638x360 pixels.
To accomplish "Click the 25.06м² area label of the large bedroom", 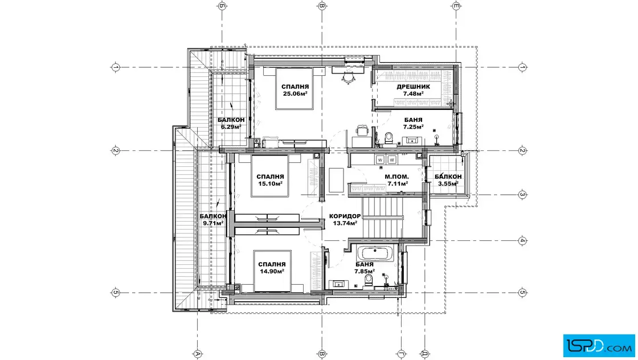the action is pos(295,93).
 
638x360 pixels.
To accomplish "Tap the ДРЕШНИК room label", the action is pos(413,87).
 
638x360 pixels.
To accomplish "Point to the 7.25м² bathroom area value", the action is pos(414,127).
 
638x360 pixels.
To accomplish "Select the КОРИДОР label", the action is pos(345,216).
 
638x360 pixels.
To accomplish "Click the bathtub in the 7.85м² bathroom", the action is pos(375,253).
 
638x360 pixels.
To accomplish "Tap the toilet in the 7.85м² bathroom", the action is pos(369,280).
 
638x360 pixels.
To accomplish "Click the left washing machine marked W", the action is pos(380,160).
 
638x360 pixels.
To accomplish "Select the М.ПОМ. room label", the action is pos(396,177).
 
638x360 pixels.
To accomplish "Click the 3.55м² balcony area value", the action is pos(448,183).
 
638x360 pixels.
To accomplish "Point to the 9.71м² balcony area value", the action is pos(213,223).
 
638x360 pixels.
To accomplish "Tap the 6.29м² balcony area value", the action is pos(231,127).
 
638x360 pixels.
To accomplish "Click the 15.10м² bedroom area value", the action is pos(270,183).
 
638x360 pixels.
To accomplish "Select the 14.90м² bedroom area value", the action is pos(271,271).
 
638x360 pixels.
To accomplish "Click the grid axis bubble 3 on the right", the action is pos(522,194).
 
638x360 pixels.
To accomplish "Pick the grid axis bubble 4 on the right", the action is pos(522,241).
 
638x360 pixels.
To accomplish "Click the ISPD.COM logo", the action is pos(599,346).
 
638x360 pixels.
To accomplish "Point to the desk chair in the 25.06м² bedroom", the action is pos(348,77).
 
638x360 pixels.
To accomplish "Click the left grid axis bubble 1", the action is pos(116,67).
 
